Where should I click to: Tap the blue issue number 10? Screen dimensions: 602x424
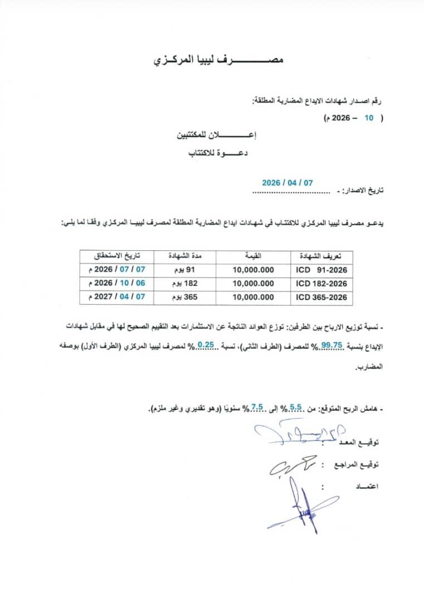368,119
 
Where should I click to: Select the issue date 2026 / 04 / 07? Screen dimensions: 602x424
287,182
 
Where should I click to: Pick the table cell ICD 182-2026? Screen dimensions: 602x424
321,283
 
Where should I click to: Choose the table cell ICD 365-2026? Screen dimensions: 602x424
321,298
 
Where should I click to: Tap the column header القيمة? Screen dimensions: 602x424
253,256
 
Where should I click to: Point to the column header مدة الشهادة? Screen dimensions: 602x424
184,256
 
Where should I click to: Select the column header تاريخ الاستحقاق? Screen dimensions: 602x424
116,256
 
